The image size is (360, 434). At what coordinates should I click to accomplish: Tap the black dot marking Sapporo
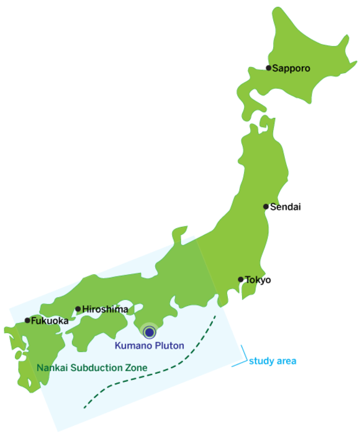point(268,68)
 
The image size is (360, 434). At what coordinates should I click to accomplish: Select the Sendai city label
point(286,206)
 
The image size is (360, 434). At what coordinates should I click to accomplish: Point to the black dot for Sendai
point(266,206)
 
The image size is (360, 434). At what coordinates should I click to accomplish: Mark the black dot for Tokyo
point(241,280)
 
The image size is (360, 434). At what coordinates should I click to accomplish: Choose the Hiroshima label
point(106,309)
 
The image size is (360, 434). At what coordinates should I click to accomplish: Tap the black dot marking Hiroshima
point(78,309)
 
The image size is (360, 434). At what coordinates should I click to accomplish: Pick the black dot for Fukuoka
point(27,321)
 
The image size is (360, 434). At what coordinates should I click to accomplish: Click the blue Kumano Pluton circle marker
point(148,332)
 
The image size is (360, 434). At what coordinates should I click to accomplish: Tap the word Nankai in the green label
point(52,368)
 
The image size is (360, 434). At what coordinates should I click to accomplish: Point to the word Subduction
point(96,368)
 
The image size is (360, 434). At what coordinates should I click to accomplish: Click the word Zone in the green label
point(136,368)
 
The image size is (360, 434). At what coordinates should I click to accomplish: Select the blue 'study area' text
point(272,360)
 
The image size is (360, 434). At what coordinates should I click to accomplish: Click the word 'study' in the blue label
point(261,360)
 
